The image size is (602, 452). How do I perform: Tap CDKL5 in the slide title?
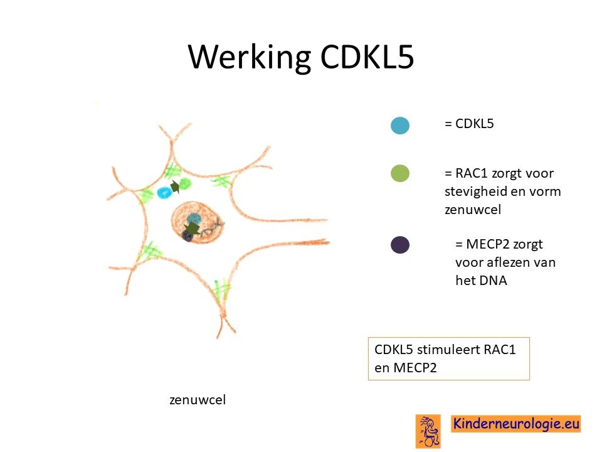(x=367, y=57)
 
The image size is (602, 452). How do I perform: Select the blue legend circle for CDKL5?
(x=400, y=126)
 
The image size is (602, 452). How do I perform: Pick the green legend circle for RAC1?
(x=400, y=173)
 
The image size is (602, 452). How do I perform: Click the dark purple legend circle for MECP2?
(x=400, y=245)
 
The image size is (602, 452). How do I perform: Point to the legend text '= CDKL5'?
(x=469, y=124)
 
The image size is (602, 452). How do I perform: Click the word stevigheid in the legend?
(x=475, y=191)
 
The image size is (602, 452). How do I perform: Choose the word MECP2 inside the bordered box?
(x=415, y=368)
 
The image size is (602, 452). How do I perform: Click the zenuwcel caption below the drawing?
(x=198, y=400)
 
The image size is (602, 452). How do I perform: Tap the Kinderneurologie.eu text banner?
(x=516, y=424)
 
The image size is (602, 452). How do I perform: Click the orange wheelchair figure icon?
(x=428, y=431)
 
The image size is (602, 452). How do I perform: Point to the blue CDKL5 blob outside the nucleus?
(x=164, y=192)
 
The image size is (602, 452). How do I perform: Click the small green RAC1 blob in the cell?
(x=185, y=184)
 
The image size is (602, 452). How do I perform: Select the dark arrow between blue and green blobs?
(x=175, y=187)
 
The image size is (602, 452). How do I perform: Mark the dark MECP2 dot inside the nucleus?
(x=187, y=237)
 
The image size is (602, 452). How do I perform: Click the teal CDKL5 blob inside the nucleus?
(x=194, y=218)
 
